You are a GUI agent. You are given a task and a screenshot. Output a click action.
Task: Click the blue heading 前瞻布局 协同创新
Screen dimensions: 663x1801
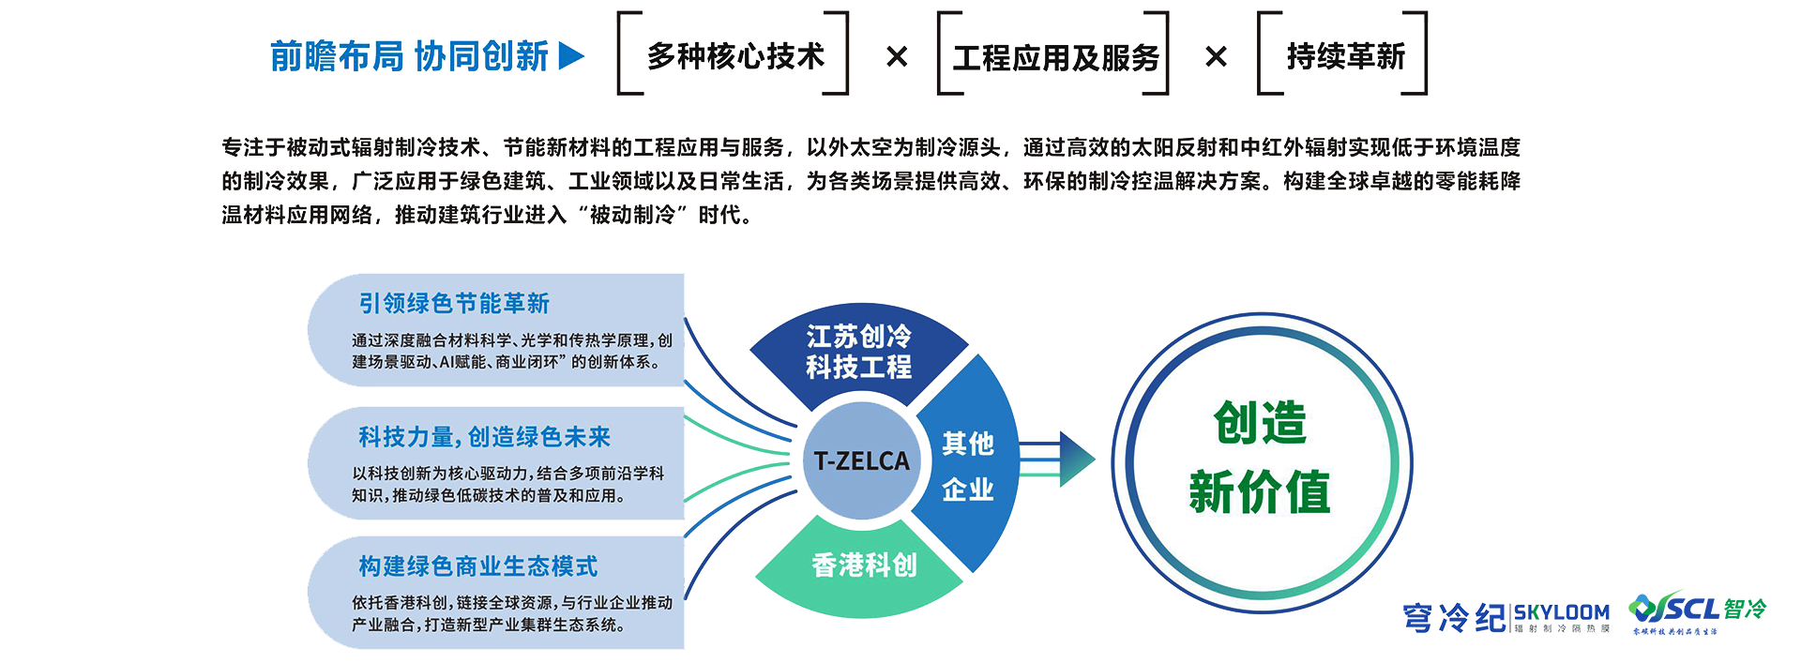click(x=409, y=56)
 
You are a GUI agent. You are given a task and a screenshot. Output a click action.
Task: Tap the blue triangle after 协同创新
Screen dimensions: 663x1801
click(x=570, y=56)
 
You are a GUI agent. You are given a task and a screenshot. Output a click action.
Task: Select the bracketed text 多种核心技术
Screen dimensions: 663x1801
click(x=734, y=56)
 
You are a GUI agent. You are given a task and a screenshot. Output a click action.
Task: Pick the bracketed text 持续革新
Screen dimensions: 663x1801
click(x=1345, y=56)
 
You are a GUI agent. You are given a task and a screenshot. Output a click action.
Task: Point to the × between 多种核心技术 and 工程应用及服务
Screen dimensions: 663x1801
click(x=897, y=57)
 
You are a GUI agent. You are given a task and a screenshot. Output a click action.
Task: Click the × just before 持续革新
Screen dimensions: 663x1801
click(x=1216, y=57)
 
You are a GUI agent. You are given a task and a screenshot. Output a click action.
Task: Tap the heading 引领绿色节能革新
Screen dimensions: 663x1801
click(x=454, y=303)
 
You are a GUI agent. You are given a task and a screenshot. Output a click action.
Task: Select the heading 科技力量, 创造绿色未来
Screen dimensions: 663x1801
click(x=484, y=437)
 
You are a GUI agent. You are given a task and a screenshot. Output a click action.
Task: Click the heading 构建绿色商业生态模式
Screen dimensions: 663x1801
click(x=477, y=566)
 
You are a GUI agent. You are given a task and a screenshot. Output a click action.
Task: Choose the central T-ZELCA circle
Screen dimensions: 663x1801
click(x=861, y=460)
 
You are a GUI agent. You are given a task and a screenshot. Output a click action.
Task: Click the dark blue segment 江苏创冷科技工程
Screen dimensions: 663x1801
click(x=858, y=352)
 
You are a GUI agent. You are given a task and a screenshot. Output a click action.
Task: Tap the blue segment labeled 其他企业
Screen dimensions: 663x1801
click(x=968, y=465)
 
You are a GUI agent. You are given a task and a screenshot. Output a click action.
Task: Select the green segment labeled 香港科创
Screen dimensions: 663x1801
click(x=863, y=565)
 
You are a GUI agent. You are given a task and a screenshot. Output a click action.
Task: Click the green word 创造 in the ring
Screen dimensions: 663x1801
click(x=1260, y=423)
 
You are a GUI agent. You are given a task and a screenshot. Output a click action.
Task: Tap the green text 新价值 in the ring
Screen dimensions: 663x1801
click(x=1260, y=492)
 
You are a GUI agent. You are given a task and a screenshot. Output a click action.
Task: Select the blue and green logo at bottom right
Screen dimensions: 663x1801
click(x=1697, y=611)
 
